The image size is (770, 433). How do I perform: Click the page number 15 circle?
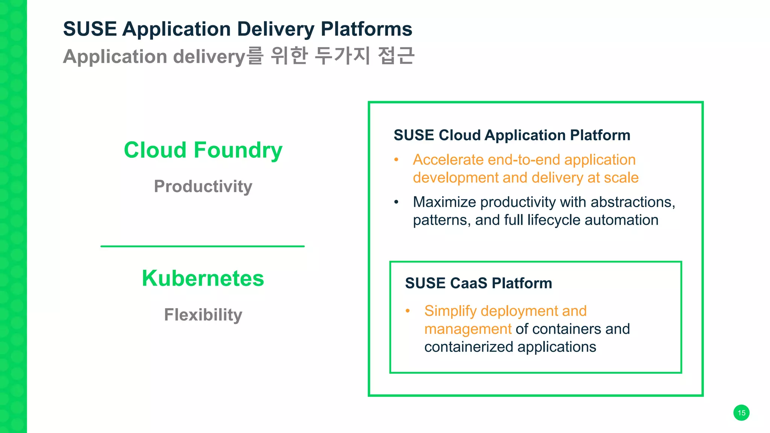click(741, 413)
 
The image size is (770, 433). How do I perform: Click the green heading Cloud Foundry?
click(203, 150)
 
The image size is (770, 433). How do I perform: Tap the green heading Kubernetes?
click(203, 279)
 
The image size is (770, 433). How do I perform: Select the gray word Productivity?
click(203, 186)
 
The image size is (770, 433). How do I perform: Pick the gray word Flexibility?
click(203, 315)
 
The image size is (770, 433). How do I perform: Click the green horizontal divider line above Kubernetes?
click(202, 246)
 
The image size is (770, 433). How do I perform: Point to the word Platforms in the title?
click(366, 29)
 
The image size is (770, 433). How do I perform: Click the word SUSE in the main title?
click(90, 29)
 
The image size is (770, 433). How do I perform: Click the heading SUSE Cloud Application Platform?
click(512, 135)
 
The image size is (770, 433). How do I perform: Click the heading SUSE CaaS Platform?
click(478, 283)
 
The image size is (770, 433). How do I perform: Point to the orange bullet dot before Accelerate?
click(396, 160)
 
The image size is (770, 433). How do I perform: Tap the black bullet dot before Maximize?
click(396, 202)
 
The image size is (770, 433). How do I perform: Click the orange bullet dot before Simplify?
click(408, 311)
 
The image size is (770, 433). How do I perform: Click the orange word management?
click(468, 329)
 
